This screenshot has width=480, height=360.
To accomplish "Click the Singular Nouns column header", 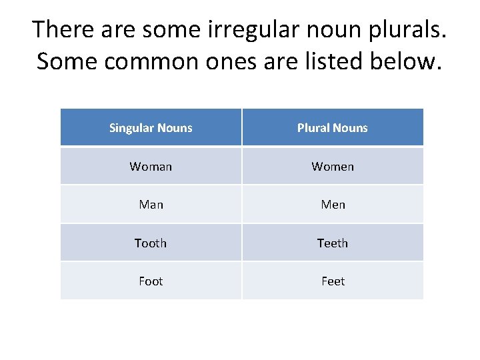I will tap(151, 128).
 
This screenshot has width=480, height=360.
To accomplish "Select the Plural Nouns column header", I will tap(332, 128).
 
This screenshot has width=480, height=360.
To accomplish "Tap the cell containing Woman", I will tap(151, 167).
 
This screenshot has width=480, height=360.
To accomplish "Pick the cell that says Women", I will tap(332, 167).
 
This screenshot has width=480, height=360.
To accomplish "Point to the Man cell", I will tap(151, 205).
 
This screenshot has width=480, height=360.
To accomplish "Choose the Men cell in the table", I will tap(332, 205).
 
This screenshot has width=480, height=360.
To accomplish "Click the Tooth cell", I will tap(151, 243).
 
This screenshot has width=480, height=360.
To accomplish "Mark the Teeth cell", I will tap(332, 243).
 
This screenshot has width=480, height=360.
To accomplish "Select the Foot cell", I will tap(151, 281).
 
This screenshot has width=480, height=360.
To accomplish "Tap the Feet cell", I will tap(332, 281).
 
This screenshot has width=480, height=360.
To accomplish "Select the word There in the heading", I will tap(61, 30).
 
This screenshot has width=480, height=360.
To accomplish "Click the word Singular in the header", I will tap(131, 128).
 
